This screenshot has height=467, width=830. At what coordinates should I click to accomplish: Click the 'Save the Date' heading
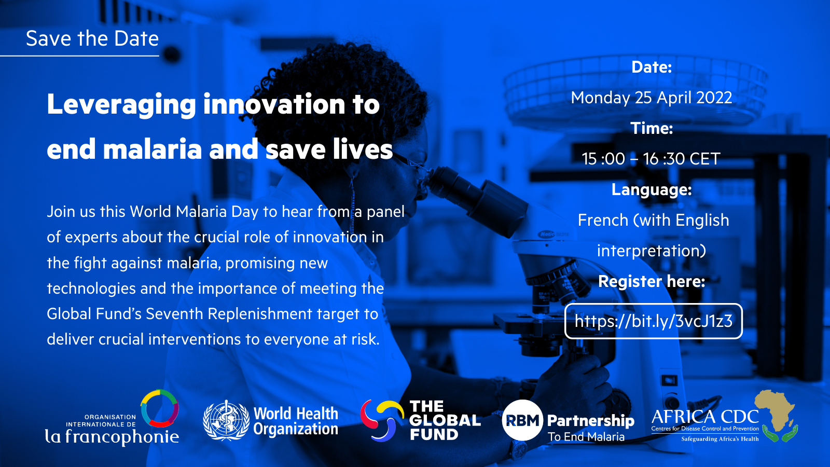[x=92, y=38]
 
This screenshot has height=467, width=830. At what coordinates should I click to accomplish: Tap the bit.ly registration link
[x=653, y=321]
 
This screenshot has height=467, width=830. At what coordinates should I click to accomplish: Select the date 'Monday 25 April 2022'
[x=652, y=98]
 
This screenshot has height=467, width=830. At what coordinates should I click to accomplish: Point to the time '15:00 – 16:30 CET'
[x=651, y=159]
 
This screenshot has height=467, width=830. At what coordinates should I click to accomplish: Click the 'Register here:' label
[x=652, y=281]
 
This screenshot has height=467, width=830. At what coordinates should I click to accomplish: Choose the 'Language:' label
[x=652, y=190]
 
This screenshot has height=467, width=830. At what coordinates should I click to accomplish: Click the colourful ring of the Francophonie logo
[x=160, y=408]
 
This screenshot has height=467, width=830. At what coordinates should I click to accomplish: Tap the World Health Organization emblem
[x=226, y=420]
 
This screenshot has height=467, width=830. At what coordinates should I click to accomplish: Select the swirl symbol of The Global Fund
[x=382, y=420]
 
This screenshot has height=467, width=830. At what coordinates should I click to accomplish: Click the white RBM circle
[x=522, y=420]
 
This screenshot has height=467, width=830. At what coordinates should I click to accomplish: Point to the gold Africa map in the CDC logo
[x=775, y=410]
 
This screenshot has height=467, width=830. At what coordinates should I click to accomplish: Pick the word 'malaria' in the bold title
[x=153, y=149]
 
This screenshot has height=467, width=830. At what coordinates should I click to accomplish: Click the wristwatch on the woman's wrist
[x=518, y=449]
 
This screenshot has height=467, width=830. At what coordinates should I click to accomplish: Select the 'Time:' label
[x=652, y=128]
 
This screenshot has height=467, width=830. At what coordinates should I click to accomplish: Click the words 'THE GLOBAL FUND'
[x=445, y=420]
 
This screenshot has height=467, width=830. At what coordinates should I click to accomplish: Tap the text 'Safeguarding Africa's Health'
[x=720, y=439]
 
